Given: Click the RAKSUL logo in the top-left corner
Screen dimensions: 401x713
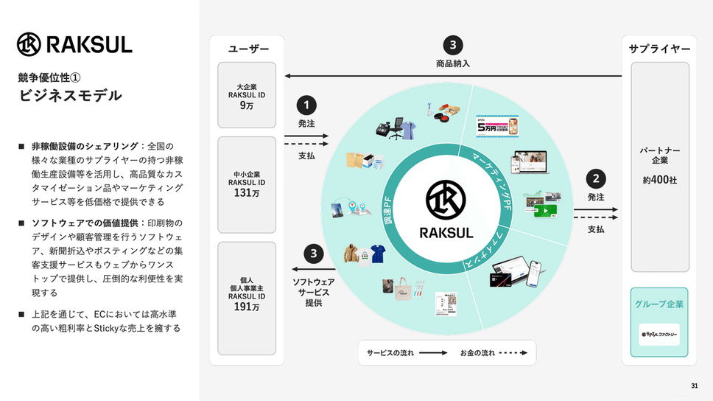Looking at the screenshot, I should coord(74,44).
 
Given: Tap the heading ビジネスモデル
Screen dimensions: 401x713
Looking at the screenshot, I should coord(70,96).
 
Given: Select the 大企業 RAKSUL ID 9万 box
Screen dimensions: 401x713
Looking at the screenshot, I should coord(246,95).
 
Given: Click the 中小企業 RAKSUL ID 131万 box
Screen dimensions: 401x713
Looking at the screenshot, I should coord(246,184).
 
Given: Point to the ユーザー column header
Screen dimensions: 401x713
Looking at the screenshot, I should coord(247,49).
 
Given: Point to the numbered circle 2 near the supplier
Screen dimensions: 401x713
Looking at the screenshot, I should coord(595,178).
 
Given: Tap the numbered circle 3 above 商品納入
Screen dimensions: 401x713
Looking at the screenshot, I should coord(453,43).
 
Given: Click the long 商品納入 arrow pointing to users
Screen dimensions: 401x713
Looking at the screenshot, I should coord(453,75).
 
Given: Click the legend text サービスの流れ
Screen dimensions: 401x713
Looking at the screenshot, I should coord(390,353).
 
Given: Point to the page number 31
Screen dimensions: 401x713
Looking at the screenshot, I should coord(695,386).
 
